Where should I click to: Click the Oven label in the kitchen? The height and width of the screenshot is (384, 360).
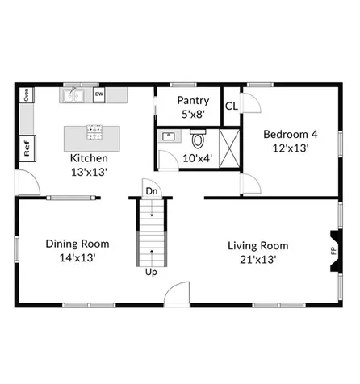click(x=27, y=95)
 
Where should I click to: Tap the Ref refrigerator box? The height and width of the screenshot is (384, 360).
click(x=27, y=148)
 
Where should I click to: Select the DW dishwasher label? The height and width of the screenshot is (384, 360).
click(x=99, y=95)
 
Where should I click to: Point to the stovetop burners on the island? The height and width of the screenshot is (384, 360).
click(x=94, y=128)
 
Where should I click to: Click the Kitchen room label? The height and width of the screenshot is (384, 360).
click(x=89, y=158)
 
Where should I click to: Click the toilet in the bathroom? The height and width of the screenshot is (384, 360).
click(x=198, y=138)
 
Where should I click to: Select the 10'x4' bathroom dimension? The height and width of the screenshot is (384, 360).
click(x=197, y=158)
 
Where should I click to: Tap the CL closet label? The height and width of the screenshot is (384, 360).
click(x=231, y=106)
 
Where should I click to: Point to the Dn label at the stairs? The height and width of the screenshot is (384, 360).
click(x=151, y=190)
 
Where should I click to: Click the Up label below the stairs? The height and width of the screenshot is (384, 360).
click(x=150, y=272)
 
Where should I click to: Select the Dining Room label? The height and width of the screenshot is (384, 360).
click(x=77, y=244)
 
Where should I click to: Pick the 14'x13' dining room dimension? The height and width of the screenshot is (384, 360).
click(x=77, y=258)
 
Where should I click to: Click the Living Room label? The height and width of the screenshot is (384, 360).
click(x=257, y=245)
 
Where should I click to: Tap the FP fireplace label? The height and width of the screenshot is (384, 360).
click(x=333, y=250)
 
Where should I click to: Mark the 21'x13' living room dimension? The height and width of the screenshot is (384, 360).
click(x=257, y=260)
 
